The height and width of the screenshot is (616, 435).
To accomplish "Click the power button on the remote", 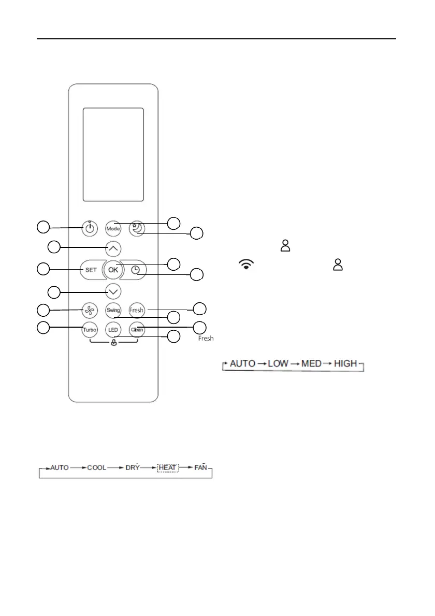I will pyautogui.click(x=90, y=228).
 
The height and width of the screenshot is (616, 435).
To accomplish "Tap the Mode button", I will pyautogui.click(x=113, y=228).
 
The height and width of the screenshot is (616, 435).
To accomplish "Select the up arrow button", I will pyautogui.click(x=113, y=248).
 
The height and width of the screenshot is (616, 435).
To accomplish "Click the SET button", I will pyautogui.click(x=91, y=269).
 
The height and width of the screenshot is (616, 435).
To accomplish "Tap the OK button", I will pyautogui.click(x=113, y=269).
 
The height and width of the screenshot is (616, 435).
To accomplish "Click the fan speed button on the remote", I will pyautogui.click(x=90, y=311).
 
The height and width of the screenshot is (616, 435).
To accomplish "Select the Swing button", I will pyautogui.click(x=113, y=311).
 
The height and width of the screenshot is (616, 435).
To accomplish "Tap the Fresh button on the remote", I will pyautogui.click(x=136, y=311).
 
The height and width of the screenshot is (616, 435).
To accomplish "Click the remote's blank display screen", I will pyautogui.click(x=113, y=155).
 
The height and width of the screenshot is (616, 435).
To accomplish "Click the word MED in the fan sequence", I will pyautogui.click(x=312, y=363).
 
